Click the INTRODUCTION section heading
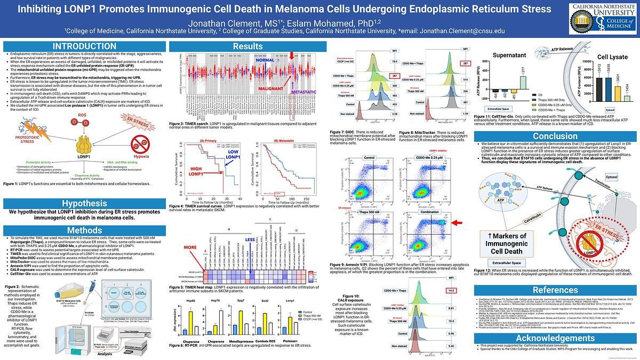pyautogui.click(x=84, y=46)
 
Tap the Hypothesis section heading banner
pyautogui.click(x=84, y=203)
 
